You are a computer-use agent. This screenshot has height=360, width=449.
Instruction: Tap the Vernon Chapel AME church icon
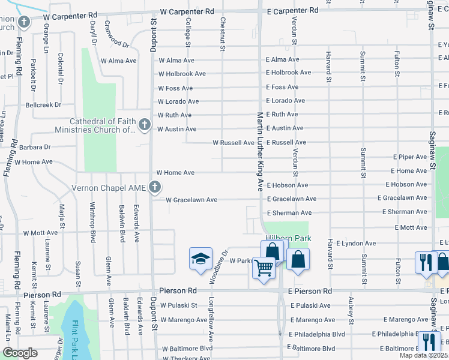[x=154, y=188]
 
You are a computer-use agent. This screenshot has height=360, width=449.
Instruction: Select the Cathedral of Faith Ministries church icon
[x=144, y=125]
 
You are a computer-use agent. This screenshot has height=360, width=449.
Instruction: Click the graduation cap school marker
[x=200, y=258]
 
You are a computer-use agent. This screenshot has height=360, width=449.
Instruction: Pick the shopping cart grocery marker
[x=263, y=268]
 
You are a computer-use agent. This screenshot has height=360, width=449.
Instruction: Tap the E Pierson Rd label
[x=310, y=291]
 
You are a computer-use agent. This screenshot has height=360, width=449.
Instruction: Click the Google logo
[x=20, y=352]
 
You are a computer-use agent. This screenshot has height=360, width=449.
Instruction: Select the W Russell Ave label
[x=234, y=143]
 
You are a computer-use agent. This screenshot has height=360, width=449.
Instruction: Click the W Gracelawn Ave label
[x=191, y=200]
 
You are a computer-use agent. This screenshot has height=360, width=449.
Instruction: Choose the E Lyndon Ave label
[x=356, y=244]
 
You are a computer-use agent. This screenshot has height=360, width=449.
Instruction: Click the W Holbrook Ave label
[x=182, y=74]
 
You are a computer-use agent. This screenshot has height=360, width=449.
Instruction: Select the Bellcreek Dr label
[x=43, y=104]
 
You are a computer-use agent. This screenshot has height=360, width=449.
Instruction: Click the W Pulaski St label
[x=179, y=305]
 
